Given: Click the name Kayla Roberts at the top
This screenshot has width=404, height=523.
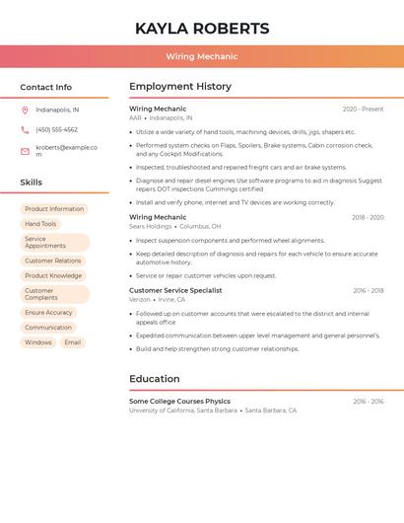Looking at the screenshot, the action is click(x=202, y=29).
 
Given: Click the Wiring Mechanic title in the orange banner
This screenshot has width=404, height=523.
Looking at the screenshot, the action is click(x=202, y=57).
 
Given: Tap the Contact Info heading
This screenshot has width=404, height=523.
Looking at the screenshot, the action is click(x=45, y=87).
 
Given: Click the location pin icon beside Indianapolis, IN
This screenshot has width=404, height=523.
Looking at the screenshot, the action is click(x=25, y=111).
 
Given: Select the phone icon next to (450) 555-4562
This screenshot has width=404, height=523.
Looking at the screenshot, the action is click(x=25, y=130).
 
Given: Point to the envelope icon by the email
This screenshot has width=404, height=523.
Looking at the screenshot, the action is click(x=25, y=151).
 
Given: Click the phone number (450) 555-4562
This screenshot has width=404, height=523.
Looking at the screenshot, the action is click(x=56, y=130).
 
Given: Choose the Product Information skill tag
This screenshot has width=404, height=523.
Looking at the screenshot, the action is click(x=54, y=209).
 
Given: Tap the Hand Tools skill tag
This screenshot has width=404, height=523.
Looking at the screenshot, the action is click(x=40, y=224).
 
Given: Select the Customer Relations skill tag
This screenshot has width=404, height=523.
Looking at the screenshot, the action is click(x=53, y=261).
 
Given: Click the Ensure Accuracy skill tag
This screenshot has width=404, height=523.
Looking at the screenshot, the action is click(x=48, y=313).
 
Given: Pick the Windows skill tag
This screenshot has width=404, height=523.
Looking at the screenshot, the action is click(x=38, y=342).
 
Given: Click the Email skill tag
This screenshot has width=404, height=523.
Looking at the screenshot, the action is click(x=73, y=342).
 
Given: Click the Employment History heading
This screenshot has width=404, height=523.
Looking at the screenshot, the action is click(x=180, y=87).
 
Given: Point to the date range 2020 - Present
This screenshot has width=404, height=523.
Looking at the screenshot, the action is click(x=363, y=110).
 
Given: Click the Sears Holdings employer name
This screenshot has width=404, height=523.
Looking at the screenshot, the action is click(x=151, y=226).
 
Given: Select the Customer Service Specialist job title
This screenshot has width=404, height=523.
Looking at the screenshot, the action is click(x=175, y=291).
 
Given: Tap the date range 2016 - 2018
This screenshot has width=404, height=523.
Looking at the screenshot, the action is click(x=368, y=291).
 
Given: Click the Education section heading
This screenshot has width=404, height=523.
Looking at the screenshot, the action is click(x=154, y=379).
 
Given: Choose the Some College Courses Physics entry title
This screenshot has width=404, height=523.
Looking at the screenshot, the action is click(x=179, y=402).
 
